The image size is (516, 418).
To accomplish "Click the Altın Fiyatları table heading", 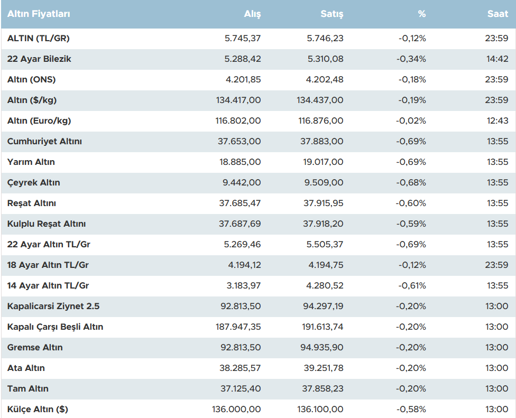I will pos(39,14).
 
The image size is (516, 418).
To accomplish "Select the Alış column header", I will pos(252,14).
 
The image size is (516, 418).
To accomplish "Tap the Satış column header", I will pos(332,14).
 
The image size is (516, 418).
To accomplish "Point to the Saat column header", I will pos(497,14).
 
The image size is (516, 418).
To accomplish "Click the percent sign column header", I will pos(421,14).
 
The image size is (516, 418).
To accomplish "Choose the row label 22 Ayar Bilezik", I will pos(39,59).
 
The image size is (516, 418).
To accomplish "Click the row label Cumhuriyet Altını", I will pos(44,142).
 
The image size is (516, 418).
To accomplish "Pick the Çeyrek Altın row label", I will pos(34,183).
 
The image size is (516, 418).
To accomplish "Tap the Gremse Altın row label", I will pos(35,348).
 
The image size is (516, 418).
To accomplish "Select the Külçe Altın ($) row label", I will pos(38,410).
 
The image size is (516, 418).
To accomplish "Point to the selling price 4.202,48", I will pos(326,80).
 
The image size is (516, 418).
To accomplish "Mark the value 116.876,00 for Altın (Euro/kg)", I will pos(321,121).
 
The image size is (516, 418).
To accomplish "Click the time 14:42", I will pos(497,59).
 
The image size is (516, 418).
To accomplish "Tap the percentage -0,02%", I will pos(411,121).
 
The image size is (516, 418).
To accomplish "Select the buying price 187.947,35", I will pos(238,327).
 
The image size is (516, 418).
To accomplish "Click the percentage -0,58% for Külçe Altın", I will pos(411,410).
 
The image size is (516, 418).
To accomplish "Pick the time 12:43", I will pos(497,121).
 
